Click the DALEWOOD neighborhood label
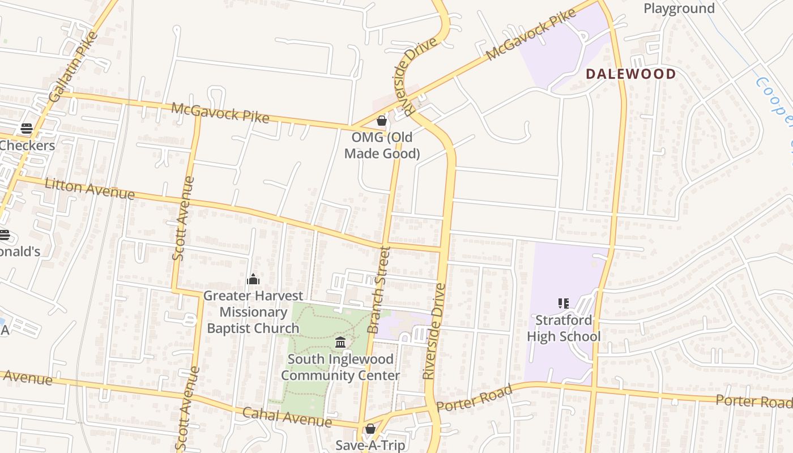point(630,74)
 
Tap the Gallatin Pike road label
point(74,67)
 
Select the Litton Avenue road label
point(89,189)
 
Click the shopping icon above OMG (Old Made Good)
point(382,121)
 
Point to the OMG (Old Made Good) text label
point(382,146)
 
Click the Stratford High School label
point(564,328)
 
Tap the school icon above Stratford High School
point(563,304)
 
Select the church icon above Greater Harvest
point(253,279)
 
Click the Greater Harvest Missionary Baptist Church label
point(253,311)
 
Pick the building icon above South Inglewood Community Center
point(340,342)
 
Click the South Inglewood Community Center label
point(340,367)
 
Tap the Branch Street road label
point(379,289)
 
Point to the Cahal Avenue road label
point(287,417)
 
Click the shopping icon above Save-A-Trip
point(370,429)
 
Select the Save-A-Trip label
point(370,445)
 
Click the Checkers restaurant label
point(27,146)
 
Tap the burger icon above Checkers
point(26,129)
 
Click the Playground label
point(679,8)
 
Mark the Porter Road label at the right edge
point(753,401)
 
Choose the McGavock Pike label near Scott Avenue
point(220,112)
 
